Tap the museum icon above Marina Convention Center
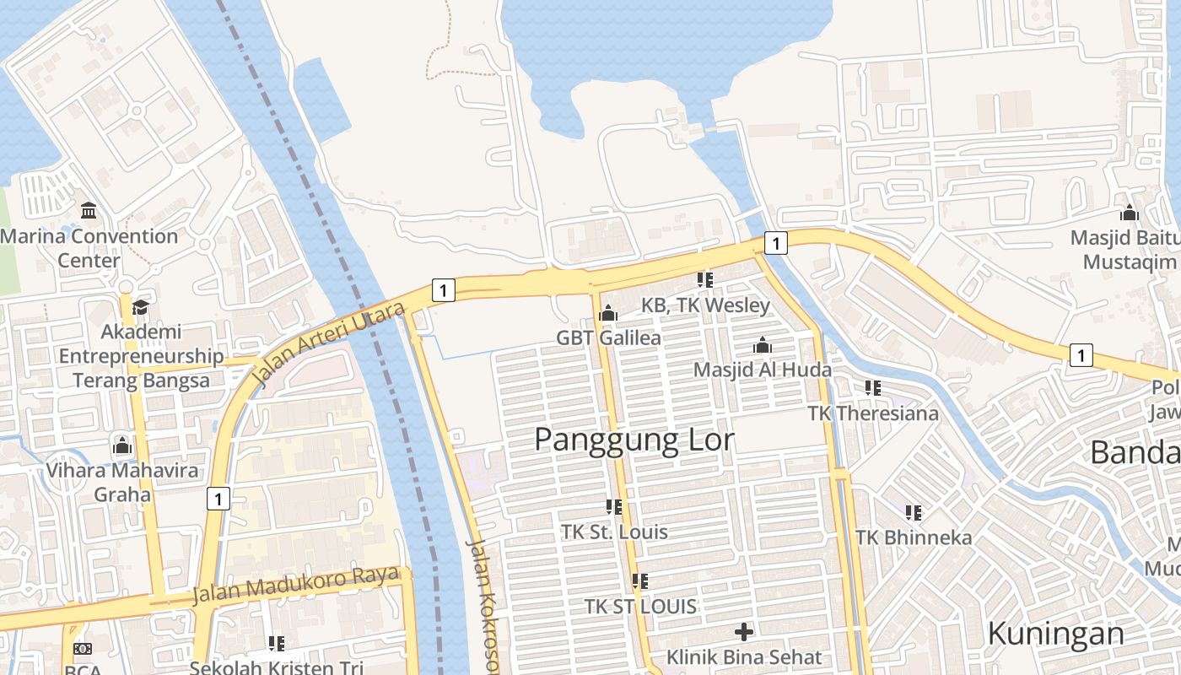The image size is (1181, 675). [x=89, y=210]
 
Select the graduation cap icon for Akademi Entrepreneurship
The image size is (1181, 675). [x=140, y=307]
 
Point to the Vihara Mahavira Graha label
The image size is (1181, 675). [x=122, y=482]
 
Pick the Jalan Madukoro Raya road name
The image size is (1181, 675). [x=295, y=584]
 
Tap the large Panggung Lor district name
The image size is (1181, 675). [x=634, y=440]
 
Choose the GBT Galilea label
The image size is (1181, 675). [x=608, y=337]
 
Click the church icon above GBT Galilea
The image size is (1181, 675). [x=607, y=314]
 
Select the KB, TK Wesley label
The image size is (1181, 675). [x=705, y=305]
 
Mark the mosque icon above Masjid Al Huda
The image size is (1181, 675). [x=763, y=345]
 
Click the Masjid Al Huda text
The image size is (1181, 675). [x=763, y=370]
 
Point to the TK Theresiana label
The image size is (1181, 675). [x=873, y=413]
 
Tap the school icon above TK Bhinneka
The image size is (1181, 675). [x=914, y=512]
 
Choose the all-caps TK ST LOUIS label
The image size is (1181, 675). [x=641, y=606]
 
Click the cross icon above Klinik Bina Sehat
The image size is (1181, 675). [x=744, y=631]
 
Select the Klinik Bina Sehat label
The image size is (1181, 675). [x=744, y=656]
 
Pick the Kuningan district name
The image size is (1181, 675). [x=1055, y=633]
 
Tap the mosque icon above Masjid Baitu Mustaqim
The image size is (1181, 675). [x=1129, y=213]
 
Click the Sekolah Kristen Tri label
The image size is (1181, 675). [x=276, y=667]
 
